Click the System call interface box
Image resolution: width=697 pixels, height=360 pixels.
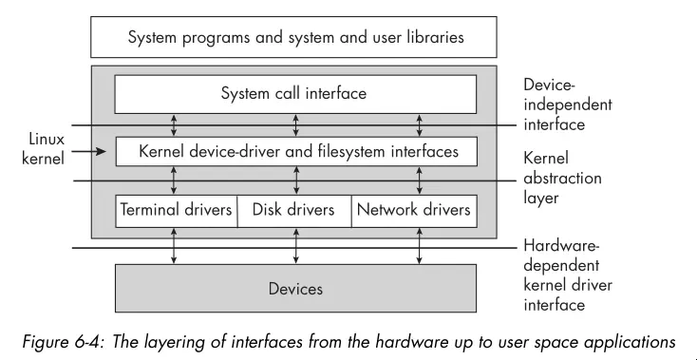[294, 94]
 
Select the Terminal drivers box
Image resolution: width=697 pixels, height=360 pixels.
[176, 210]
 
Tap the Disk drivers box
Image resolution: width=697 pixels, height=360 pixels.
[294, 210]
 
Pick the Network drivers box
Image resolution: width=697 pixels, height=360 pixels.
[413, 210]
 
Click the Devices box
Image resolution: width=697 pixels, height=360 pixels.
[294, 288]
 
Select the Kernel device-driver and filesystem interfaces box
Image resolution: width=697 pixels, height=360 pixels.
[294, 151]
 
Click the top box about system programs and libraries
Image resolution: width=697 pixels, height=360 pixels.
[294, 39]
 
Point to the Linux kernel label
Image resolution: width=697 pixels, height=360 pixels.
[43, 148]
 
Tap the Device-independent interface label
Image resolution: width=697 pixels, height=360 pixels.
[568, 104]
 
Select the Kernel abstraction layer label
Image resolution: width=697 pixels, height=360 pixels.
[563, 179]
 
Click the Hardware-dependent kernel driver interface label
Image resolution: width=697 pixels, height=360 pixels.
[568, 275]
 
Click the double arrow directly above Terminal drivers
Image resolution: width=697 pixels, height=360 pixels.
[174, 180]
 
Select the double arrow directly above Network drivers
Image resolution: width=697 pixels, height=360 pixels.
[419, 180]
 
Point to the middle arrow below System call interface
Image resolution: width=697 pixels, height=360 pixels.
[296, 125]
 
